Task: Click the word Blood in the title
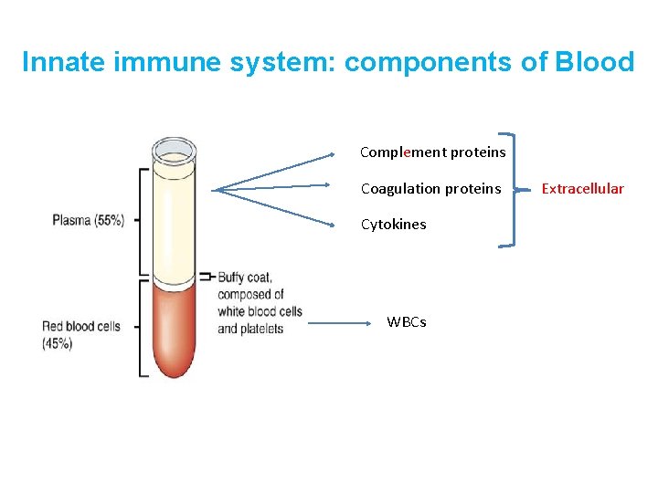594,62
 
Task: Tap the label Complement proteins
432,152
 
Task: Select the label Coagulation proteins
430,189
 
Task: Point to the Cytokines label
393,225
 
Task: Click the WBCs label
406,321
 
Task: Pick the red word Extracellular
582,189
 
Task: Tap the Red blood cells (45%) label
80,334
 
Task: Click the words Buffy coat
244,278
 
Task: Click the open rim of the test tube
175,149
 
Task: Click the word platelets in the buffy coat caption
261,329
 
